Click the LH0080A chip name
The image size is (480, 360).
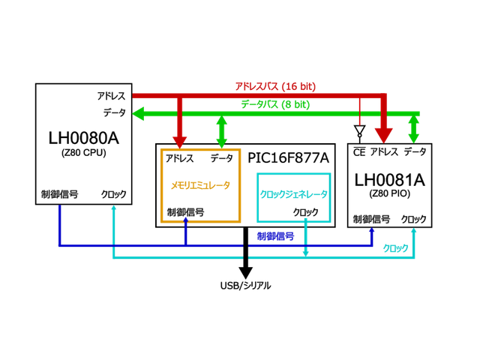point(83,138)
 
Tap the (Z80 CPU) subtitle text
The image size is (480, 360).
point(83,153)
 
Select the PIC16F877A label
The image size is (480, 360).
point(289,157)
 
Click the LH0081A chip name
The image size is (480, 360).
point(389,181)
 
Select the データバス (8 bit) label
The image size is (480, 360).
point(275,105)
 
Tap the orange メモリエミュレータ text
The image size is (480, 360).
point(200,184)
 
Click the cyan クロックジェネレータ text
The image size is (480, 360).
point(293,193)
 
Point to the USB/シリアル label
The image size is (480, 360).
point(245,285)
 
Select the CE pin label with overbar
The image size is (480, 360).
point(359,151)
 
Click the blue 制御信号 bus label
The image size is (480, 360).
point(275,235)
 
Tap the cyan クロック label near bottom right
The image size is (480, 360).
point(395,248)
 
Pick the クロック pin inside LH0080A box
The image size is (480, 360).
point(114,195)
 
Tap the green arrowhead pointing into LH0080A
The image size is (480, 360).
point(139,113)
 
